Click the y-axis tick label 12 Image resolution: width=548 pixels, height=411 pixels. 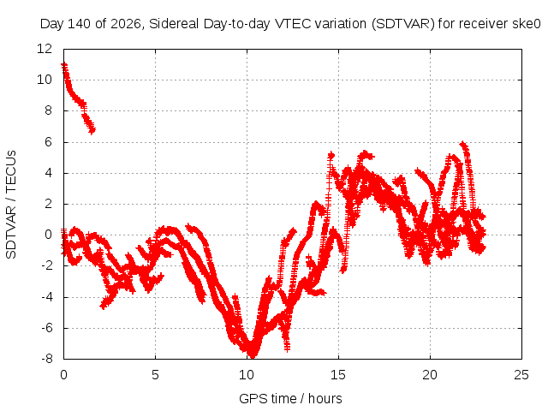click(x=45, y=49)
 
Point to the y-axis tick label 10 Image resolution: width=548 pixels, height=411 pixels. click(x=45, y=80)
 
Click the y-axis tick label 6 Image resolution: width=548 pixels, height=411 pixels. click(x=48, y=142)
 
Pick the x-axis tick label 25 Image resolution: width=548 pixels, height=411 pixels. click(x=521, y=375)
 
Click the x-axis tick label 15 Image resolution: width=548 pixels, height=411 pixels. click(x=338, y=375)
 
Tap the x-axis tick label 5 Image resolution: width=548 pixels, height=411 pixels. click(x=155, y=375)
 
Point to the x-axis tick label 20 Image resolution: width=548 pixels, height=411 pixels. click(x=430, y=375)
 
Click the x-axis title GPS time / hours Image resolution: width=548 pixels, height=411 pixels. click(x=290, y=398)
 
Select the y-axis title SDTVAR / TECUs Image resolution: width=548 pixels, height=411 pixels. click(x=11, y=205)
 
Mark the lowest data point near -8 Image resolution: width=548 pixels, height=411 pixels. click(x=253, y=355)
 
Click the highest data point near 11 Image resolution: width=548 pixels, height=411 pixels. click(x=64, y=65)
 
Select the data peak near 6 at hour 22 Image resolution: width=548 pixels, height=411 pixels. click(x=463, y=144)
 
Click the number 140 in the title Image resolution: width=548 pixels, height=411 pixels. click(x=79, y=24)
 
